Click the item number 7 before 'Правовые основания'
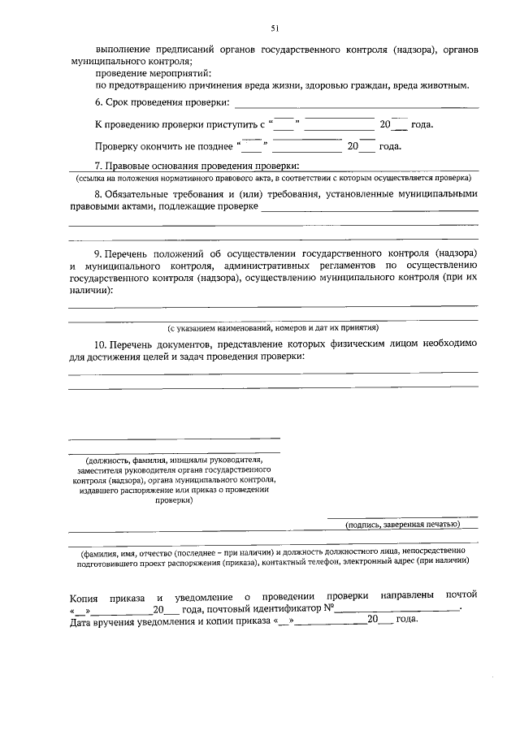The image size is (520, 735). click(x=98, y=166)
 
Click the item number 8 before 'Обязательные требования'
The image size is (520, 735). click(x=98, y=195)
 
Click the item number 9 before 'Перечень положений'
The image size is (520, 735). click(x=98, y=254)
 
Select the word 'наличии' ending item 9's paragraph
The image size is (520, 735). click(x=89, y=290)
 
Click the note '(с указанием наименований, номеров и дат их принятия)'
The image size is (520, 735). click(x=273, y=328)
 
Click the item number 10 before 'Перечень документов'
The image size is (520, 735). click(x=101, y=344)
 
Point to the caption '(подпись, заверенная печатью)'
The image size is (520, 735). click(x=402, y=525)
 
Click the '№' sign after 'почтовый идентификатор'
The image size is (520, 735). click(x=329, y=608)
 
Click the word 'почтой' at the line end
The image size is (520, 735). click(x=461, y=595)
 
